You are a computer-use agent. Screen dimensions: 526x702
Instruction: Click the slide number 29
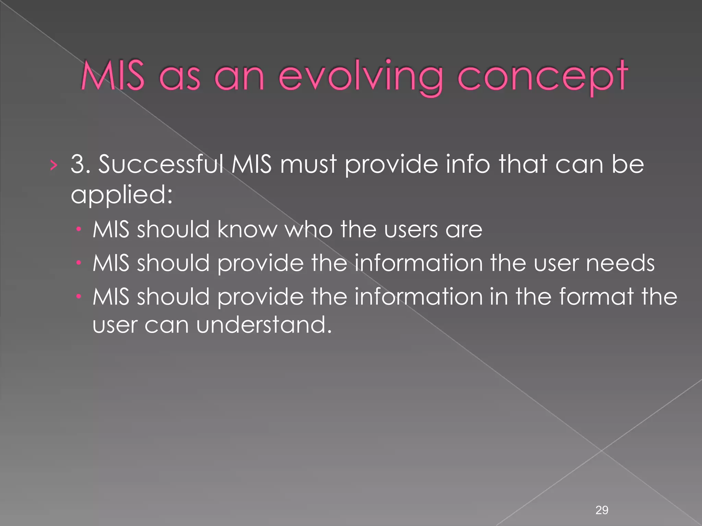click(x=602, y=510)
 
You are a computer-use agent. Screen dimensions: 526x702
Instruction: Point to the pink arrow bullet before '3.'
click(x=53, y=166)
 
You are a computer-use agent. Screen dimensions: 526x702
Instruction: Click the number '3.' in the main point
click(x=80, y=164)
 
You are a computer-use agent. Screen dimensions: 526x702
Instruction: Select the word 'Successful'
click(x=161, y=164)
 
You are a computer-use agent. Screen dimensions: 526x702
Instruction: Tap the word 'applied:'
click(x=122, y=195)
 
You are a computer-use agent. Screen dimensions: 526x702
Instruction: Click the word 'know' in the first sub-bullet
click(x=247, y=229)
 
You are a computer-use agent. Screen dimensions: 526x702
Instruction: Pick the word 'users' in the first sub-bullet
click(x=411, y=229)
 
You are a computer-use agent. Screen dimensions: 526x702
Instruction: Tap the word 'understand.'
click(x=264, y=325)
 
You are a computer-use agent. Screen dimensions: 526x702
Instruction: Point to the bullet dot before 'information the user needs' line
click(x=78, y=263)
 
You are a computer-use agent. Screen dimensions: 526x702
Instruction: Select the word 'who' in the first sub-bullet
click(x=309, y=229)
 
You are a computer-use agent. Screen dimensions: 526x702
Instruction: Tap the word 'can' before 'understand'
click(x=166, y=325)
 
